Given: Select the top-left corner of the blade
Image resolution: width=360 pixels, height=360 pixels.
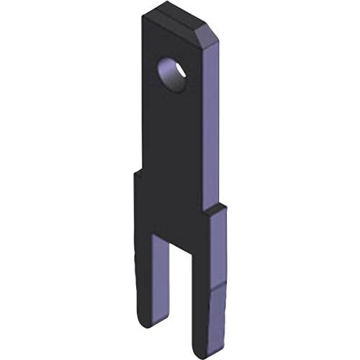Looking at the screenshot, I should tap(143, 19).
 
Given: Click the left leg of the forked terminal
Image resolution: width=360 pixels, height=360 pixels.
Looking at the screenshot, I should tap(144, 281).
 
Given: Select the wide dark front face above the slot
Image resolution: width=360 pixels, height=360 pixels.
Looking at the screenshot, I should tap(173, 209).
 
